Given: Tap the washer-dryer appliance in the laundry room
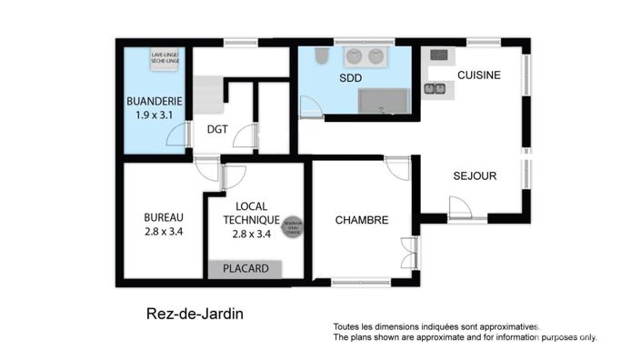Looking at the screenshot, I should (165, 57).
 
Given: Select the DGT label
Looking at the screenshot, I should (217, 129).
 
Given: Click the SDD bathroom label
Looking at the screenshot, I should (350, 78).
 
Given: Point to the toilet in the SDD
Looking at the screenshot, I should (319, 58).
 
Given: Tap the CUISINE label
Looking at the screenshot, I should (478, 75).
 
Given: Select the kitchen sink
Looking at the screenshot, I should (435, 88).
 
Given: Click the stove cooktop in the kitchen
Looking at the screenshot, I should (438, 55).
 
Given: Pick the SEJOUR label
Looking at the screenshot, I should (475, 176).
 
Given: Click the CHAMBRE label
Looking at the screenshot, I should (362, 220).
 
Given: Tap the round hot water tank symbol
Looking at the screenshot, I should (293, 225).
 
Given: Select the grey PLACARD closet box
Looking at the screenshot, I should (245, 269).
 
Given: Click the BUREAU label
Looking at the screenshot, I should (164, 217).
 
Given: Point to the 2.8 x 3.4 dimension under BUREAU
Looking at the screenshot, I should (164, 232).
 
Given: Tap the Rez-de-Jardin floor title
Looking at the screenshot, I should (195, 315).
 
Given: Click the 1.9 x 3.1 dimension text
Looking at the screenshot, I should (152, 115).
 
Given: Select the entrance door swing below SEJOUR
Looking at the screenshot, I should (460, 210).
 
